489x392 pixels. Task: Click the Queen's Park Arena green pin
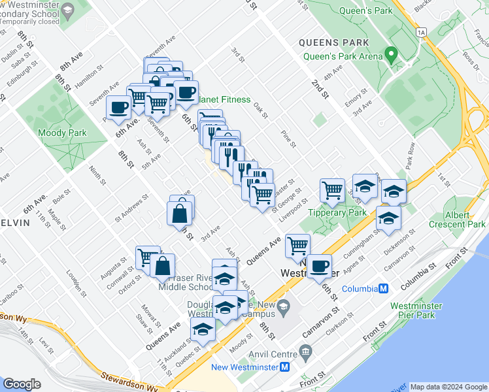tap(392, 55)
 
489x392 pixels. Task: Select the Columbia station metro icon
tap(384, 288)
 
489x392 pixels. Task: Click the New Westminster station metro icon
tap(284, 367)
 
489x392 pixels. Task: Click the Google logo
tap(22, 384)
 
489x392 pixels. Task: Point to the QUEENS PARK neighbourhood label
tap(333, 42)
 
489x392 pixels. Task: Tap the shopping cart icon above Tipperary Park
tap(333, 190)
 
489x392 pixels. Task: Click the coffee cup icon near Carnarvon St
tap(319, 266)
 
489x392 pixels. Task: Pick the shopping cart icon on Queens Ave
tap(297, 246)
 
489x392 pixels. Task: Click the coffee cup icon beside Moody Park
tap(119, 107)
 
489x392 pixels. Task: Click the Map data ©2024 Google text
tap(448, 387)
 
